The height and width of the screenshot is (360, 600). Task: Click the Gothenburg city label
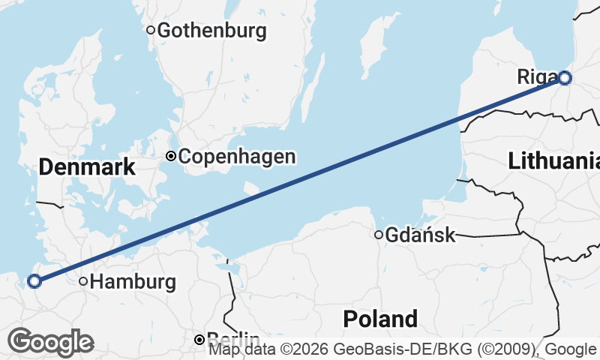tap(212, 31)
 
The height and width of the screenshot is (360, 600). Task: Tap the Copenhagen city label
tap(237, 157)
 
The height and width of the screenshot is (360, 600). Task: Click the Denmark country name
tap(87, 167)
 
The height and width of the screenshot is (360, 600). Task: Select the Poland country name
tap(380, 319)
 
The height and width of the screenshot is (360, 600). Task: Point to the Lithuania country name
tap(553, 160)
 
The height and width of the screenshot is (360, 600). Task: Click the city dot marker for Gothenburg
tap(151, 31)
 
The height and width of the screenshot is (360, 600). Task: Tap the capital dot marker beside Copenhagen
tap(171, 156)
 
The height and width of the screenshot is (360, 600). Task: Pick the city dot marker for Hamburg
tap(84, 282)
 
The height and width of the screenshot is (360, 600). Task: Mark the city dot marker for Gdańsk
tap(379, 235)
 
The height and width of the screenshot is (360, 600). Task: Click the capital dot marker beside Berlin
tap(199, 340)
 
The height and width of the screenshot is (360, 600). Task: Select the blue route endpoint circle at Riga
tap(564, 77)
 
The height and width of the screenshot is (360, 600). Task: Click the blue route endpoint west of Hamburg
tap(34, 281)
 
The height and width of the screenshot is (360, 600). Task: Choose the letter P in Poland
tap(349, 319)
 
